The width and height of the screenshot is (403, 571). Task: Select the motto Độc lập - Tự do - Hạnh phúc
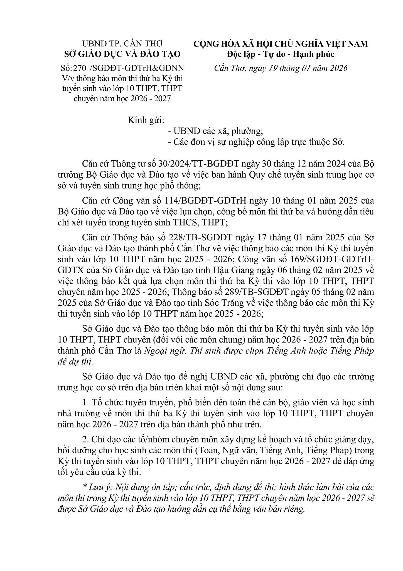(x=281, y=54)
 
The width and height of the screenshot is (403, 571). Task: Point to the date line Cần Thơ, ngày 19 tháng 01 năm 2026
(x=281, y=68)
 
